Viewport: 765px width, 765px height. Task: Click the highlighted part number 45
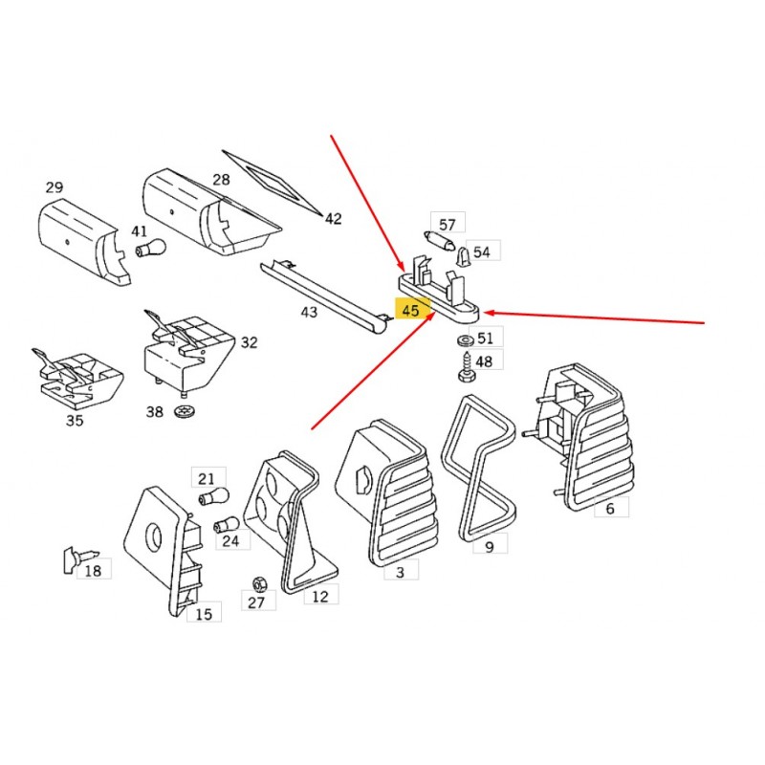tap(410, 310)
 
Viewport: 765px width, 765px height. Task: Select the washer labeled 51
tap(465, 340)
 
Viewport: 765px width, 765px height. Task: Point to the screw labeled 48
tap(467, 366)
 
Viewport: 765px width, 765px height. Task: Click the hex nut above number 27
tap(258, 583)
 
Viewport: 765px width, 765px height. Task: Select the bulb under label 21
tap(213, 497)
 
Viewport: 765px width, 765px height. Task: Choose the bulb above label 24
tap(227, 524)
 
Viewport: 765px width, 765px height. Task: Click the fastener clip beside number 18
tap(79, 559)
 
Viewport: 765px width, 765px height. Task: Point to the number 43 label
tap(309, 312)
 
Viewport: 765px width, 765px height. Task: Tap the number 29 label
tap(55, 187)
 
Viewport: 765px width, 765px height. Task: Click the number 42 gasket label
tap(333, 219)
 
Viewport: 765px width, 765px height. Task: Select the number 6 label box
tap(611, 508)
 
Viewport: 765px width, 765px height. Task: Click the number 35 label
tap(75, 420)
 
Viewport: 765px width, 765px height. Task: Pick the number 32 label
tap(249, 342)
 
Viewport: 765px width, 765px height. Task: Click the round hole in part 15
tap(154, 537)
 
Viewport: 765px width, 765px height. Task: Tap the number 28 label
tap(221, 180)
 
